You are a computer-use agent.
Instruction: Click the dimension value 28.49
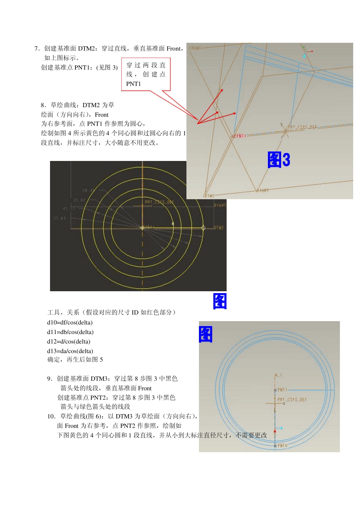point(89,190)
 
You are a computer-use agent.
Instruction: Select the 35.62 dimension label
point(80,200)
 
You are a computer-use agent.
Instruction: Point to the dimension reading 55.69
point(60,219)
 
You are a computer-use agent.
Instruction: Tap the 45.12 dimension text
point(69,209)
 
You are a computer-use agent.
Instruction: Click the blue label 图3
point(279,160)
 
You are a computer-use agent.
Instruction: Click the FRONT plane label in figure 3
point(195,48)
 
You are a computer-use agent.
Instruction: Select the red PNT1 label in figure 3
point(240,136)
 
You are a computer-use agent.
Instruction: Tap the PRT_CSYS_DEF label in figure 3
point(302,127)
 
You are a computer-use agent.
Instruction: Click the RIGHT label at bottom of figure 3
point(263,190)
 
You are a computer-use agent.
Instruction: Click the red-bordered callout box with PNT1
point(146,74)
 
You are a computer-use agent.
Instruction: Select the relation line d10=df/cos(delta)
point(70,323)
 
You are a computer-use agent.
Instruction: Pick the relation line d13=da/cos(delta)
point(70,351)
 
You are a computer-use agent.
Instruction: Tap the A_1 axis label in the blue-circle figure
point(279,375)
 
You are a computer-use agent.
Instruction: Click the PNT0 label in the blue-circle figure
point(282,446)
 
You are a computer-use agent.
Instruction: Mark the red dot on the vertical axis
point(275,431)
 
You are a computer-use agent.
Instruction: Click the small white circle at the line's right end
point(203,228)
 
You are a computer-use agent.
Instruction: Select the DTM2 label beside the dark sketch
point(219,228)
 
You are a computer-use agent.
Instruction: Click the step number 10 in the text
point(51,416)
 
